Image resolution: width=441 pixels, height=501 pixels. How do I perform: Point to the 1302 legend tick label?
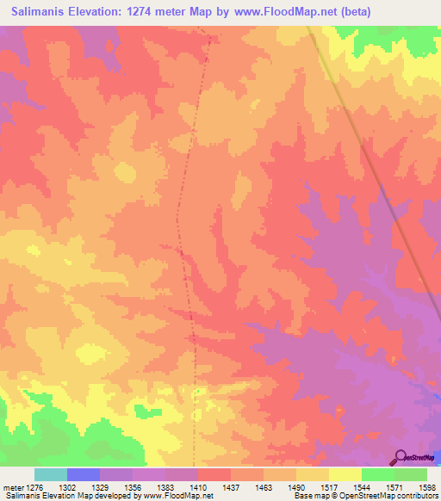(x=66, y=486)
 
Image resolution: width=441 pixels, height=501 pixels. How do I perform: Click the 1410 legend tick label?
(x=197, y=486)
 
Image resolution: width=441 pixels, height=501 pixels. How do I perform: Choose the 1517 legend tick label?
(x=328, y=486)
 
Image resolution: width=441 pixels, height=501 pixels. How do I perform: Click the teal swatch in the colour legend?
(x=50, y=474)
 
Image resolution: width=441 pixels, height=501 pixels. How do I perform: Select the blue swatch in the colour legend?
(x=83, y=474)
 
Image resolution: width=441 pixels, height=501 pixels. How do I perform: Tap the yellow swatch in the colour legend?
(x=345, y=474)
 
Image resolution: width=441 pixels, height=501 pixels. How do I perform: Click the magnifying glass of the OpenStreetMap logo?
(x=400, y=456)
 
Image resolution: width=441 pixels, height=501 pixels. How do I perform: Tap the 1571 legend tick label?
(x=394, y=486)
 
